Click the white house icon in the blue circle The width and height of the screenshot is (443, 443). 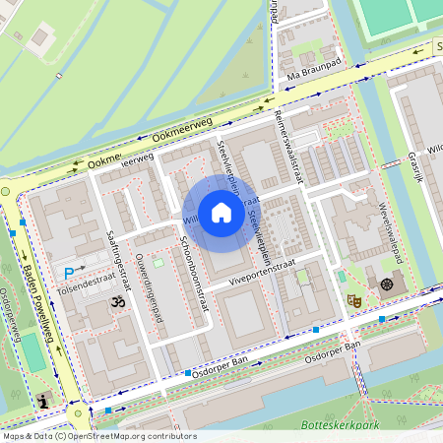(x=221, y=213)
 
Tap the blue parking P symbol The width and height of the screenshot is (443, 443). (x=69, y=273)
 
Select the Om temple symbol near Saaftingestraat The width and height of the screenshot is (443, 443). (x=117, y=301)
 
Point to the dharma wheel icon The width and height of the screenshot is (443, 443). (x=386, y=284)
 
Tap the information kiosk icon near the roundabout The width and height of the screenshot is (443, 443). (x=43, y=400)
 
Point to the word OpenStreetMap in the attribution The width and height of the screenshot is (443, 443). (x=112, y=435)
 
